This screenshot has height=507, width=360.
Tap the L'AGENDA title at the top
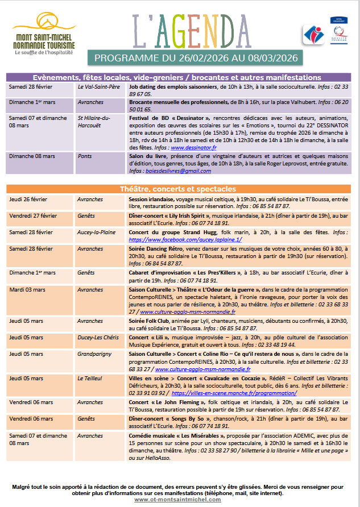click(193, 30)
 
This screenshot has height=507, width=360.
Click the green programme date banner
click(193, 58)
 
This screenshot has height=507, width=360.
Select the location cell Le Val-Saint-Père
click(98, 87)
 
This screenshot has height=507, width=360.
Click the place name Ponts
click(85, 156)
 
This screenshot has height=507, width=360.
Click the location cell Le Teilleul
click(90, 378)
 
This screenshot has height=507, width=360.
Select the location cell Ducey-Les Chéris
click(98, 337)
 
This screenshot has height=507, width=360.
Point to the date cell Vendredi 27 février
click(33, 216)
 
